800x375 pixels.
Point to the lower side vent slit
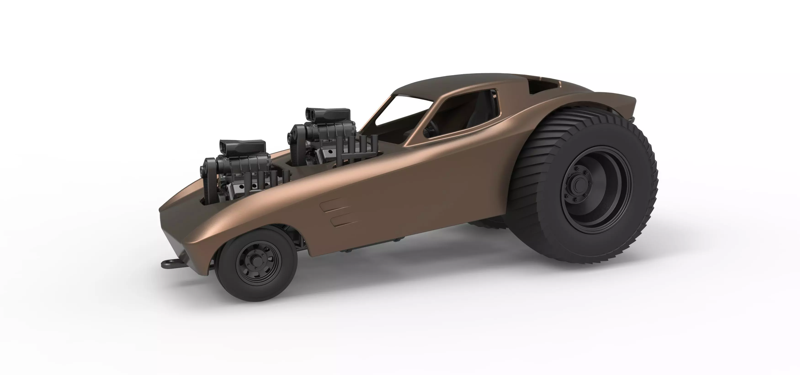[x=345, y=220]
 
